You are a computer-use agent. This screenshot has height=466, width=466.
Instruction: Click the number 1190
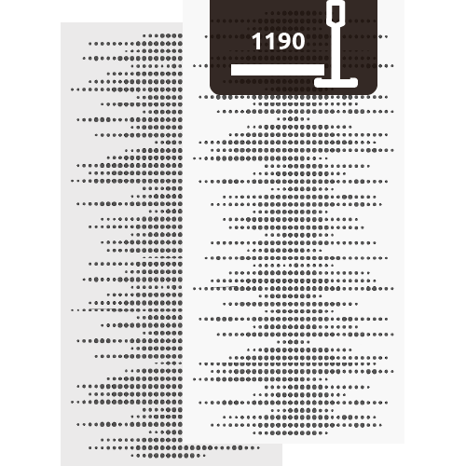[x=278, y=41]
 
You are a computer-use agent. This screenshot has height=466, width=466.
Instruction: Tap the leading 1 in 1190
[x=256, y=41]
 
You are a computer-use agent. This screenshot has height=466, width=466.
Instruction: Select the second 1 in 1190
[x=267, y=41]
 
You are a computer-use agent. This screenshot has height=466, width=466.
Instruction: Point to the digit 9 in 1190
[x=282, y=41]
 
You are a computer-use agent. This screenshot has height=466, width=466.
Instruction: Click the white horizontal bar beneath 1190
[x=278, y=70]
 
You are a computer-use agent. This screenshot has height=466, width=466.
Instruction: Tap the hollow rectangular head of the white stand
[x=336, y=12]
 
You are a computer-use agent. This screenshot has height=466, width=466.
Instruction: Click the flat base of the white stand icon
[x=336, y=83]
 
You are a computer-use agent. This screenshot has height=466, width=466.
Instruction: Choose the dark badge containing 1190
[x=294, y=47]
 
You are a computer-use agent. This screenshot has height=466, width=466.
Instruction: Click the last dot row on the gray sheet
[x=168, y=456]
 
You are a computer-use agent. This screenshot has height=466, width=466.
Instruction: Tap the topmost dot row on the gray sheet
[x=163, y=35]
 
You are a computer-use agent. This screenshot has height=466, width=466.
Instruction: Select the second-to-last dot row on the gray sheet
[x=173, y=448]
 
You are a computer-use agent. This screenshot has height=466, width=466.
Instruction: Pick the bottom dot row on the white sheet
[x=291, y=432]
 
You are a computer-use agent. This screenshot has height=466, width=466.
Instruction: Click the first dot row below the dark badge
[x=294, y=97]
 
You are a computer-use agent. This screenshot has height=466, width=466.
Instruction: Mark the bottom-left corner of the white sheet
[x=183, y=444]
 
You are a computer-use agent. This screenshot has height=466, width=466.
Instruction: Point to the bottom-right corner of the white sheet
[x=404, y=444]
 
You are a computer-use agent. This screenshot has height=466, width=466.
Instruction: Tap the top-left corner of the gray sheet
[x=61, y=22]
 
